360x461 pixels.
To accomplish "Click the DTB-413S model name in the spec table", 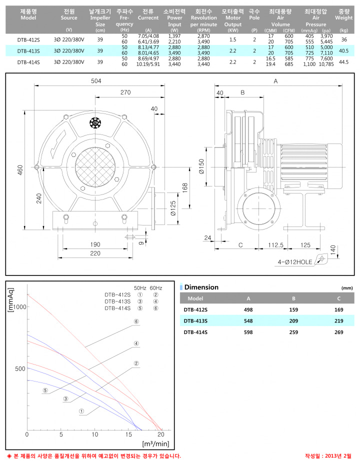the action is (x=28, y=51).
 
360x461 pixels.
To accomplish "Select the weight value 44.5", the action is (x=343, y=62).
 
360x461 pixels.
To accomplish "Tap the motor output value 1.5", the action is (x=232, y=39).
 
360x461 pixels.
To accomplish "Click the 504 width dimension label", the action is (x=96, y=81).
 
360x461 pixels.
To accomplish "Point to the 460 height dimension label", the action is (x=20, y=170).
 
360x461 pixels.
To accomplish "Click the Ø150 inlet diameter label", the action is (x=201, y=166).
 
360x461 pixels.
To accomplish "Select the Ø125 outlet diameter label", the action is (x=173, y=208).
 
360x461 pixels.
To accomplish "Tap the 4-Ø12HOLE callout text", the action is (x=295, y=262).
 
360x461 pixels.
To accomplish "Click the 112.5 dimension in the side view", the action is (x=275, y=245).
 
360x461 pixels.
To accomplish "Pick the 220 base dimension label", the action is (x=95, y=253).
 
